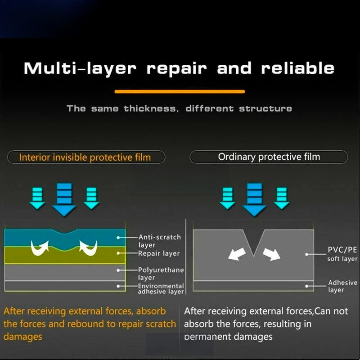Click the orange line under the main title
[x=180, y=92]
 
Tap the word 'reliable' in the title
[x=298, y=68]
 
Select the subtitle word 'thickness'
[x=151, y=108]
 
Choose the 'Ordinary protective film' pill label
[x=269, y=157]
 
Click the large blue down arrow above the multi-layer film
[x=64, y=200]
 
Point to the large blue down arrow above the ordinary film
[x=254, y=200]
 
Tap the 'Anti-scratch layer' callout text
[x=160, y=241]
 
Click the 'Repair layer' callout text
[x=159, y=253]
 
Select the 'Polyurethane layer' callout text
[x=161, y=274]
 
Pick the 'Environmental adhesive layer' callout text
[x=161, y=288]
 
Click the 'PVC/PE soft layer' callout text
[x=342, y=254]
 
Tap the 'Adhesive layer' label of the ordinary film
[x=342, y=286]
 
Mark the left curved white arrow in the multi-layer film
[x=40, y=248]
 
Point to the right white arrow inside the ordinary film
[x=272, y=254]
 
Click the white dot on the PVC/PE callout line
[x=306, y=254]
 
